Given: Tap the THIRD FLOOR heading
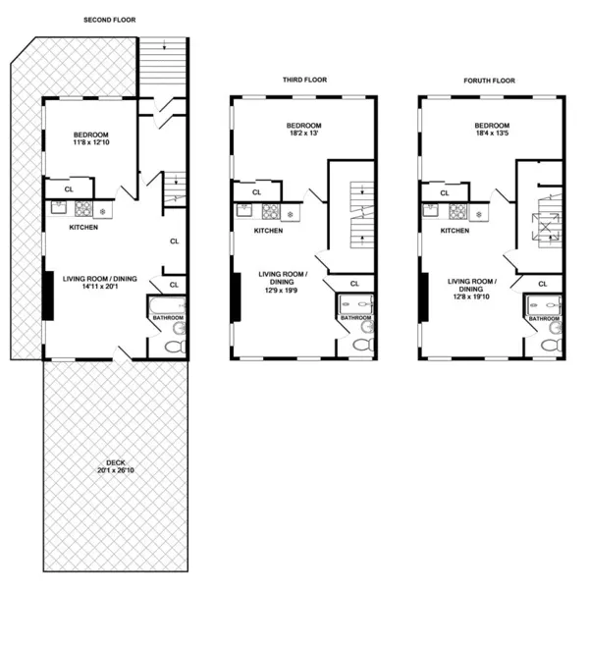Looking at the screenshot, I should tap(303, 80).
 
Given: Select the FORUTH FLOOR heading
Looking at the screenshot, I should tap(490, 80).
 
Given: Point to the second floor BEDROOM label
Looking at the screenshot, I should tap(90, 134).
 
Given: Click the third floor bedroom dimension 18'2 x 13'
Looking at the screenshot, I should tap(303, 134).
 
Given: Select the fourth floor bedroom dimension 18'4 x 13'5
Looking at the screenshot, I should tap(492, 134).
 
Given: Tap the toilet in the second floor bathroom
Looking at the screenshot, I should tap(175, 347).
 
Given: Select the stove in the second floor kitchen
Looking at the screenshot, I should tap(81, 208).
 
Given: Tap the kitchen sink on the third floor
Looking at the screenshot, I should tap(243, 208).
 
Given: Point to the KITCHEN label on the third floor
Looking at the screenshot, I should tap(268, 231).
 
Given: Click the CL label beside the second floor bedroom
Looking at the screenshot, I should tap(69, 188).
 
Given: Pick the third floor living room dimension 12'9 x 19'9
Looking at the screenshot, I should tap(283, 290).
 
